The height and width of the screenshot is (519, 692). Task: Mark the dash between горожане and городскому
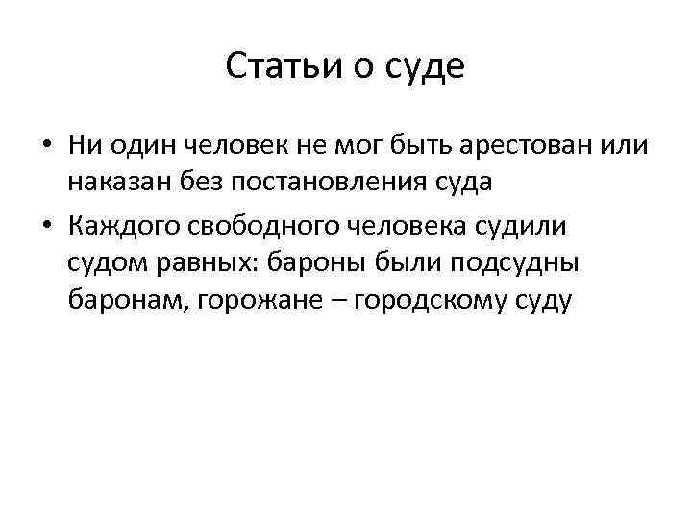[x=339, y=300]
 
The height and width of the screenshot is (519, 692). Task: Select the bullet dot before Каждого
[x=46, y=226]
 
